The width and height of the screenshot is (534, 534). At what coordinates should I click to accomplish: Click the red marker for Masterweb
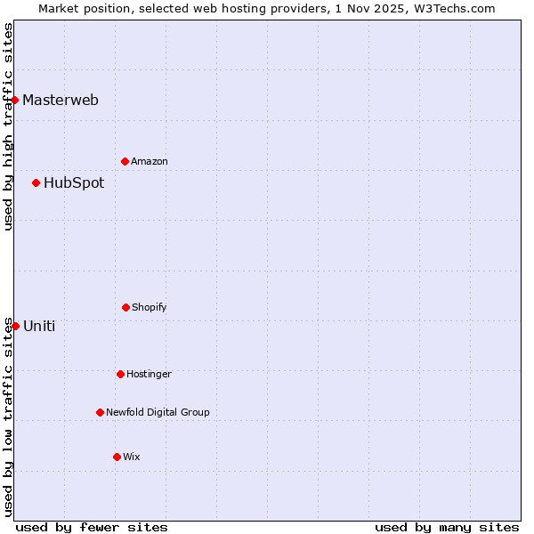tap(15, 100)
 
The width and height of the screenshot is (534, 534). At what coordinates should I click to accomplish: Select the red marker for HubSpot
tap(36, 183)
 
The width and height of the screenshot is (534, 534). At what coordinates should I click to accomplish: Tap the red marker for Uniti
tap(15, 326)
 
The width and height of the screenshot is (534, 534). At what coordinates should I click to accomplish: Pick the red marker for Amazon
tap(125, 161)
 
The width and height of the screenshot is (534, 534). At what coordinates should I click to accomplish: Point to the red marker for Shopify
tap(125, 307)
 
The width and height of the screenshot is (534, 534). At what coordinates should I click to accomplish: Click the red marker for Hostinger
tap(120, 374)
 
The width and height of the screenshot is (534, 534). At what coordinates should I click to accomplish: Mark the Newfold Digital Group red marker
tap(100, 412)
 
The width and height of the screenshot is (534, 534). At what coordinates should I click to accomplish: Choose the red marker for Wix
tap(117, 457)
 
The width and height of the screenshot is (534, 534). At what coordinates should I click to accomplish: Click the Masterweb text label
tap(61, 100)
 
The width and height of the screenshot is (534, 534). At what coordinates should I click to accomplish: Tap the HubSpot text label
tap(74, 183)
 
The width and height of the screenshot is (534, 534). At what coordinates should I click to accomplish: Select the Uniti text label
tap(39, 326)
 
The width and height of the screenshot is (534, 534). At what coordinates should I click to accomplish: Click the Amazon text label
tap(150, 161)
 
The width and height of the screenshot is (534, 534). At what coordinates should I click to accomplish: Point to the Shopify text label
tap(150, 308)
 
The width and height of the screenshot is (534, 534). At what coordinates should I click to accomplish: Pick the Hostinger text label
tap(150, 375)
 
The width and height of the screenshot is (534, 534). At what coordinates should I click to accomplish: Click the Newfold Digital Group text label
tap(158, 413)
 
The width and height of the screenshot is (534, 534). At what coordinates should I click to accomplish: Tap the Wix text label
tap(132, 457)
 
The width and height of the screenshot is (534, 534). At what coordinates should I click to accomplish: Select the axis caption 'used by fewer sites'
tap(92, 527)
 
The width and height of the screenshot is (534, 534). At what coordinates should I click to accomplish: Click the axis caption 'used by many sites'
tap(447, 527)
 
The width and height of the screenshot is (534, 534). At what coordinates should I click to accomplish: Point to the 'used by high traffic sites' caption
tap(8, 126)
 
